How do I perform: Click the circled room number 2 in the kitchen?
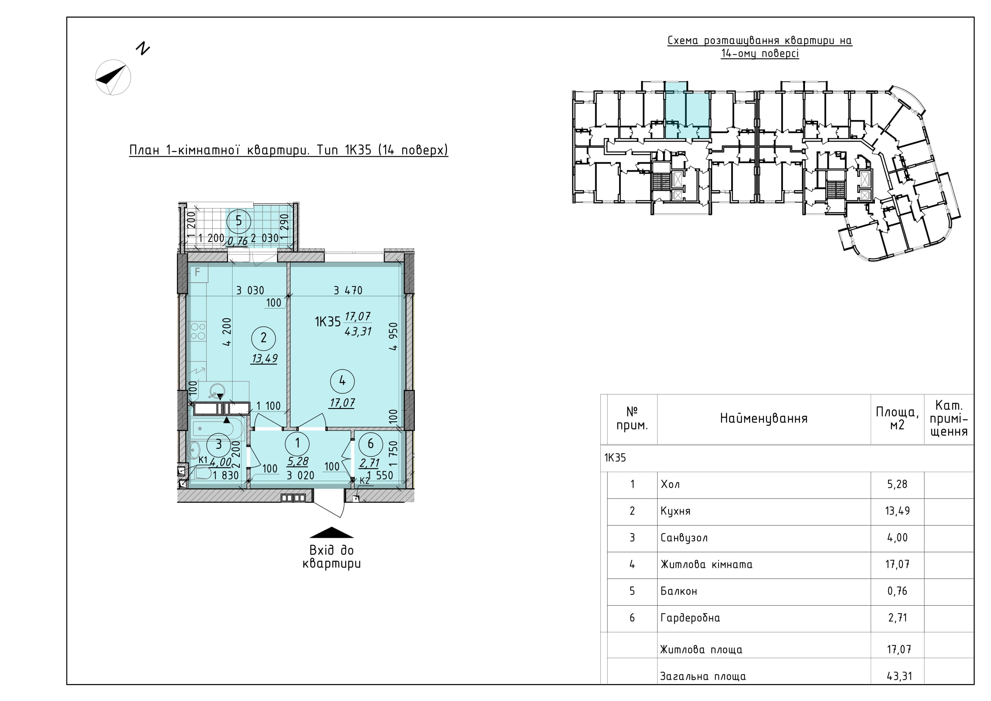point(264,338)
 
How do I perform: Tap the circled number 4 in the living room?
point(342,381)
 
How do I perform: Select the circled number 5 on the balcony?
point(238,221)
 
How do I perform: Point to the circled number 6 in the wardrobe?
point(370,443)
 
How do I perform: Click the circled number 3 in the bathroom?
point(219,444)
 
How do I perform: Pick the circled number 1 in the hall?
point(297,443)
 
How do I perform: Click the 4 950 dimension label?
point(393,336)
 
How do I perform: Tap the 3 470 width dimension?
point(348,290)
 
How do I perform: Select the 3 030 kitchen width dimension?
point(250,290)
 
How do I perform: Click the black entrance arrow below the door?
point(331,534)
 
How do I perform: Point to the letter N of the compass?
point(142,48)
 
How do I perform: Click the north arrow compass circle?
point(113,77)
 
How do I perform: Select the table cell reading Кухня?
point(675,512)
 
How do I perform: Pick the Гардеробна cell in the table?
point(690,618)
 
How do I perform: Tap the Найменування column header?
point(763,418)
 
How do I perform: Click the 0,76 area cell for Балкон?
point(897,591)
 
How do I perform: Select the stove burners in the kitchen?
point(198,331)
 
